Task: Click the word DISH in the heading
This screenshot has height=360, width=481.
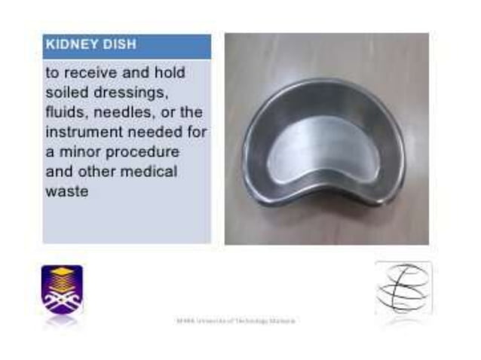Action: (119, 44)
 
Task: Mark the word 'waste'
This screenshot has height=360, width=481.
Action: (67, 191)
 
